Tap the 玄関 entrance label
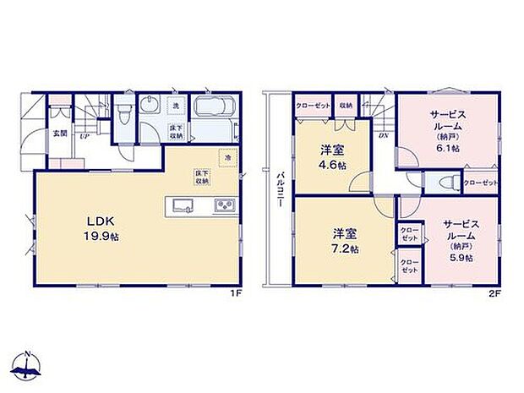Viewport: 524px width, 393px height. [x=61, y=133]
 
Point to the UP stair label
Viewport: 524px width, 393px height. [x=85, y=136]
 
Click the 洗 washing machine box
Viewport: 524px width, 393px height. [x=176, y=106]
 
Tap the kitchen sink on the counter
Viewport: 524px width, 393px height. [x=181, y=206]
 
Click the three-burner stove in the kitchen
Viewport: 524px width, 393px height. [x=225, y=206]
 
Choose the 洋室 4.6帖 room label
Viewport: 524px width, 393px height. [x=330, y=156]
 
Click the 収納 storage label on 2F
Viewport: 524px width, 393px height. [x=347, y=106]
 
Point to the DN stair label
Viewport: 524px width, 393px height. [x=383, y=135]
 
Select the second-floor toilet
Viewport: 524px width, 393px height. [x=445, y=183]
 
